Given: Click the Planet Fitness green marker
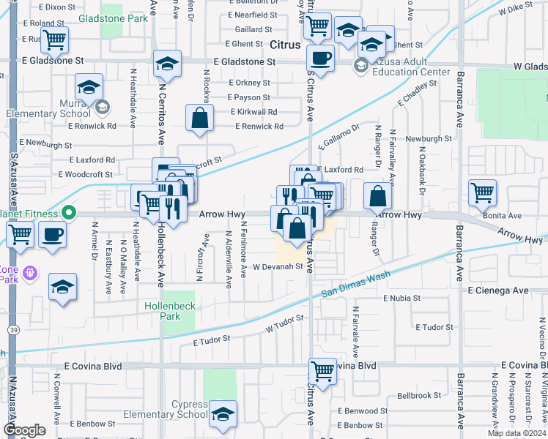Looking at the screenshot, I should (x=69, y=214).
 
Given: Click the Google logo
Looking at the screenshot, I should (x=24, y=430).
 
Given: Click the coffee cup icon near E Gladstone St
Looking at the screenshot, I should (x=319, y=58).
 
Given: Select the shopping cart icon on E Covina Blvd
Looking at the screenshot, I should (x=322, y=369).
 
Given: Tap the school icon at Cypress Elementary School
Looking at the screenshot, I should (x=223, y=415).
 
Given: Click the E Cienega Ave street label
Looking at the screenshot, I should (x=498, y=290).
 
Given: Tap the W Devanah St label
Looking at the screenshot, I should (x=278, y=267).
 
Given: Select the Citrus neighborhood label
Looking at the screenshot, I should (x=285, y=45).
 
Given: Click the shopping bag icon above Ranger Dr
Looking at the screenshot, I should (x=377, y=197).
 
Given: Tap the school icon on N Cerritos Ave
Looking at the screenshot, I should (x=168, y=65).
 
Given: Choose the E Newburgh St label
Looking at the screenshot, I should (x=48, y=142).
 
